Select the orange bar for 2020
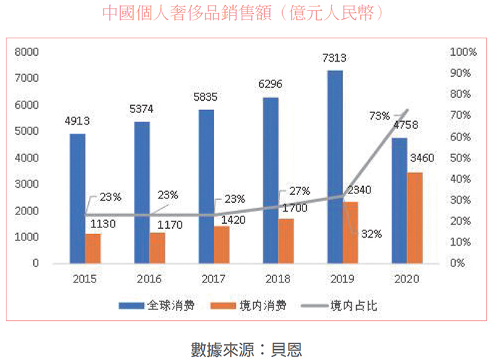pos(415,217)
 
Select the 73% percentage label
pos(379,115)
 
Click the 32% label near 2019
pos(372,233)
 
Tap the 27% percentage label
pos(299,191)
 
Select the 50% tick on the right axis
pos(462,158)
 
